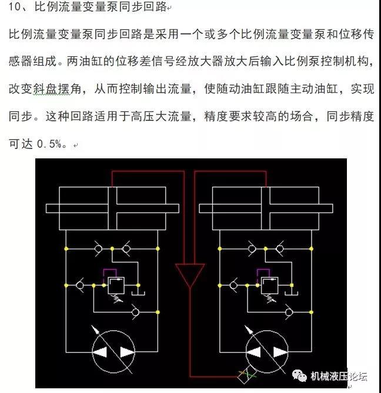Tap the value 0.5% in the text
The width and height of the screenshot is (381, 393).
49,144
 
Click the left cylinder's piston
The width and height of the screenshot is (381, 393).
112,208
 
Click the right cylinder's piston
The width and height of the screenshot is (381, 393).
266,208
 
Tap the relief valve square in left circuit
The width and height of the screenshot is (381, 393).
116,285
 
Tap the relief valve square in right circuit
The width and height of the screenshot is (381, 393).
270,285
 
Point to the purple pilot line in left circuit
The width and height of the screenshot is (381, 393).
110,270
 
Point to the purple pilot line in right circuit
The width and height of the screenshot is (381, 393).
263,270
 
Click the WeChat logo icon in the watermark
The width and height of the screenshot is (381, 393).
299,376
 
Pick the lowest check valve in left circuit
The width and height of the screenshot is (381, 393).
136,312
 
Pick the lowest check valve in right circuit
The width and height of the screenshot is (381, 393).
289,312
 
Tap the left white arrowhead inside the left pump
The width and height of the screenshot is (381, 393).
101,352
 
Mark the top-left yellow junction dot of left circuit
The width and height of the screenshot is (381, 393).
66,249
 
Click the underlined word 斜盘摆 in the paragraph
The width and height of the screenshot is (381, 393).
52,89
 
